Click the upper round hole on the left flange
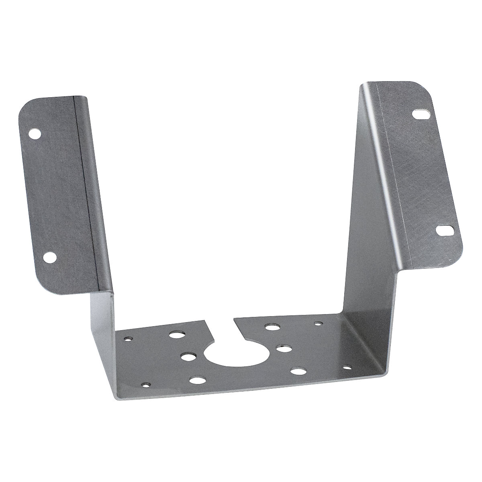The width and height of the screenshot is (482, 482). point(35,133)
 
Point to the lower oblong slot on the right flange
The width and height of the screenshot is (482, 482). point(445,231)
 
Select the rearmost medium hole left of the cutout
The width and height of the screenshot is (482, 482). point(176,335)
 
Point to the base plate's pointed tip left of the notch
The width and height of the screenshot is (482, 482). point(203,320)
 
